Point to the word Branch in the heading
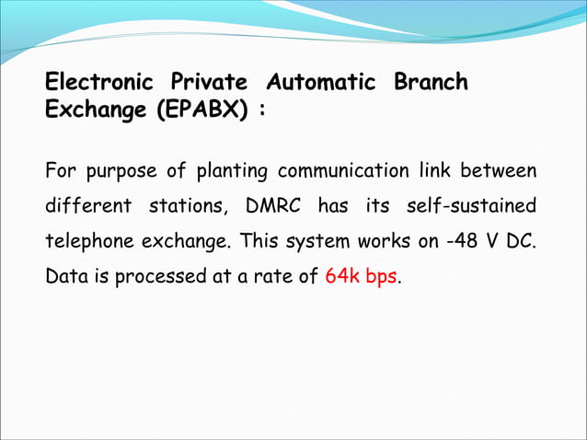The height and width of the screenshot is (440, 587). click(431, 83)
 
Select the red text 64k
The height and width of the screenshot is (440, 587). click(340, 277)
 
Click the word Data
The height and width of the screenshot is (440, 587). click(64, 277)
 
